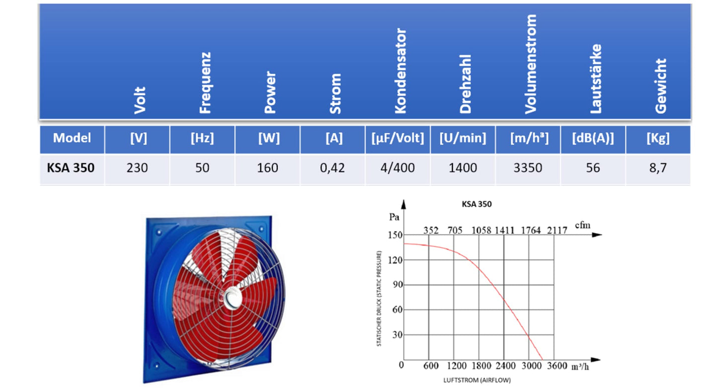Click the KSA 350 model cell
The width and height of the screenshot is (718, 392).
68,168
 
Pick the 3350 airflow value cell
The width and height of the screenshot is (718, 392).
527,168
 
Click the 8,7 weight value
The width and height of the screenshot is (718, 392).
658,168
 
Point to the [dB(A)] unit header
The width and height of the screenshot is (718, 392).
593,139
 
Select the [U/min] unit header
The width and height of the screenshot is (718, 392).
463,139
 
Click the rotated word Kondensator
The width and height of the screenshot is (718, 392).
400,71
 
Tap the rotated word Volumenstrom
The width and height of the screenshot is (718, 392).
530,64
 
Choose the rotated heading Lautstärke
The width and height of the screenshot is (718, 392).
596,78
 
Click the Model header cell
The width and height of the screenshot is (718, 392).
72,138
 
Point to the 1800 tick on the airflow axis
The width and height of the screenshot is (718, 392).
481,366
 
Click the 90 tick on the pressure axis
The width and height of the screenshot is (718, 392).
396,285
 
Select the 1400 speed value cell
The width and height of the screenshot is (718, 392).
463,168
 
